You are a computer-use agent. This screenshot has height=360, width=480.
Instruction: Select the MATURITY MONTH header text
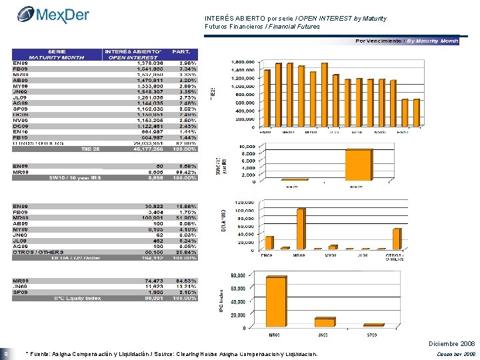click(56, 57)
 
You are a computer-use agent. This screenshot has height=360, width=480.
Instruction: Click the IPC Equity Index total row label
click(77, 299)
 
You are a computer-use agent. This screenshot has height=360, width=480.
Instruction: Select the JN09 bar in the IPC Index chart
click(325, 322)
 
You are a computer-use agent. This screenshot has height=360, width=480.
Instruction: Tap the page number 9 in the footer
click(6, 353)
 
